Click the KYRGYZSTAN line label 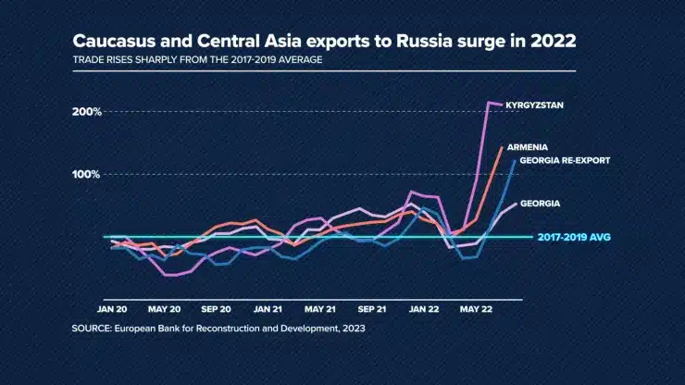534,106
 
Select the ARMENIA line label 528,147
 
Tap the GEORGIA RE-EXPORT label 565,160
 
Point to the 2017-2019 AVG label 574,237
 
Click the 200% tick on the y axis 87,112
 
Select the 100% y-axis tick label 86,174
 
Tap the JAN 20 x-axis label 112,309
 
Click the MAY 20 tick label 164,309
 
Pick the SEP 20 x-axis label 216,309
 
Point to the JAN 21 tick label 268,309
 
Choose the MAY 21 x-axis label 319,309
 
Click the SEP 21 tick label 372,309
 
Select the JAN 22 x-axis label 424,309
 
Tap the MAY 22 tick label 476,309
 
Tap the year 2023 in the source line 354,329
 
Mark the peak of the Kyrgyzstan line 489,103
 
